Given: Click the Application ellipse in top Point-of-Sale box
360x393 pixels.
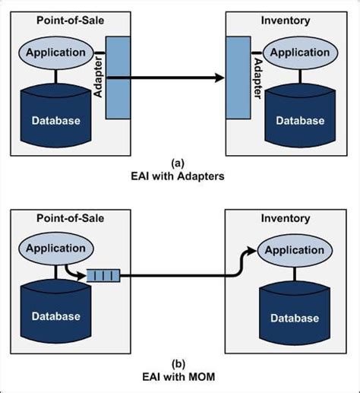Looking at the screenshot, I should point(57,52).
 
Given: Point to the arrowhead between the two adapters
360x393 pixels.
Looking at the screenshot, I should point(220,78).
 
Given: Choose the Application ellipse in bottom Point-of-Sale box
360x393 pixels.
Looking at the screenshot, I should point(57,249).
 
